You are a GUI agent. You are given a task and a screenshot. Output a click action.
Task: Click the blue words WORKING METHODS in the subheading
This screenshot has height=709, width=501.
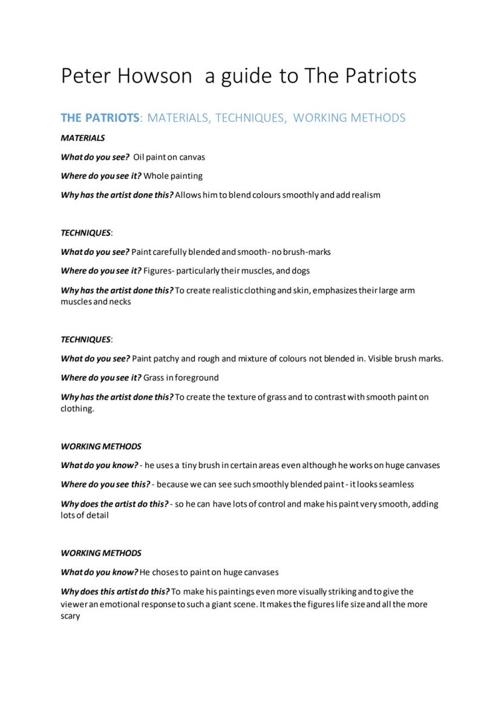[x=349, y=117]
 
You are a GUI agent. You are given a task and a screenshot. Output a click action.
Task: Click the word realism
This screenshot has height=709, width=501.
[x=364, y=195]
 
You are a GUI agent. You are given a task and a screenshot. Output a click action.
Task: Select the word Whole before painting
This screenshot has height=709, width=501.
[x=156, y=176]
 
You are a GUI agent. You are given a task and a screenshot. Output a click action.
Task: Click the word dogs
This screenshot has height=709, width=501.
[x=301, y=271]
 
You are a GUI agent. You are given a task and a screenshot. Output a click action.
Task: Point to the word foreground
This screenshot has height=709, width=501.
[x=197, y=378]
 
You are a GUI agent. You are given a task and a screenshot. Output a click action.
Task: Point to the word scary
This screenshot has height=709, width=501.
[x=70, y=616]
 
